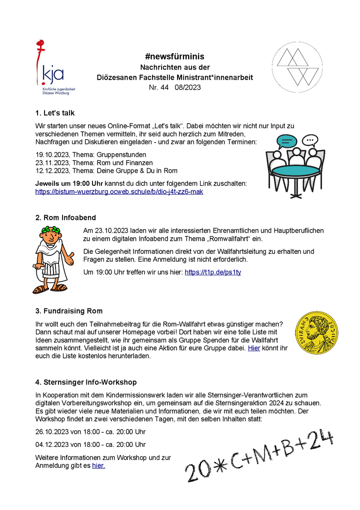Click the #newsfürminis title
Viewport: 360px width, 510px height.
[174, 57]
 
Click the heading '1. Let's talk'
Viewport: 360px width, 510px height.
[55, 113]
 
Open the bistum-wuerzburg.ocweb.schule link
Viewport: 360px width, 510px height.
[119, 192]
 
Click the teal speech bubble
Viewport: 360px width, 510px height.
[286, 141]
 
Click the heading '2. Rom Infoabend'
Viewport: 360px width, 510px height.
[65, 218]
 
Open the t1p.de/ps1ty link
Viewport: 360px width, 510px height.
[212, 272]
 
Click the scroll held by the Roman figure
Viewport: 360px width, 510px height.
[38, 272]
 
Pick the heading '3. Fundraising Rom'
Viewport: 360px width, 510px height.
[68, 311]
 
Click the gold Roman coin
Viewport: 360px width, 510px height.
[316, 333]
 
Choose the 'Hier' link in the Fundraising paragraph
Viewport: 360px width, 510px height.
[254, 348]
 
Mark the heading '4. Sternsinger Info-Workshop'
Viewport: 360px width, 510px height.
[85, 382]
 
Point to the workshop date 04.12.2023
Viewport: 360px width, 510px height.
[52, 444]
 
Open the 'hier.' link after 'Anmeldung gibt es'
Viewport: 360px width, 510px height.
[98, 465]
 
